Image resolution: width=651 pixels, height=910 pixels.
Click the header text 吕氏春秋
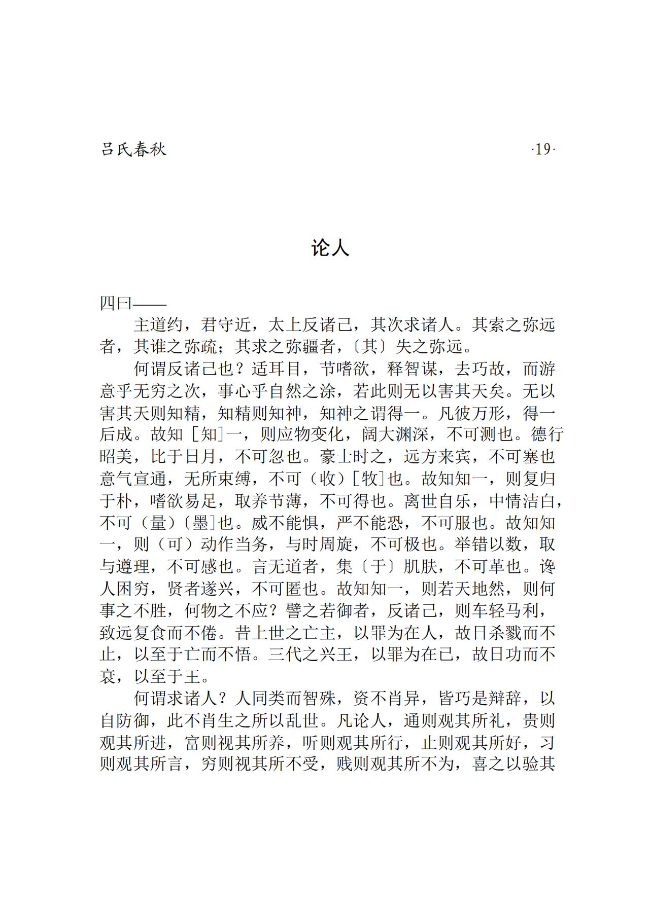[x=133, y=150]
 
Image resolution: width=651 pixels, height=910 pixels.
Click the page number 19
[x=542, y=150]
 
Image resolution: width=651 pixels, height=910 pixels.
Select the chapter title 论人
[x=330, y=248]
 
